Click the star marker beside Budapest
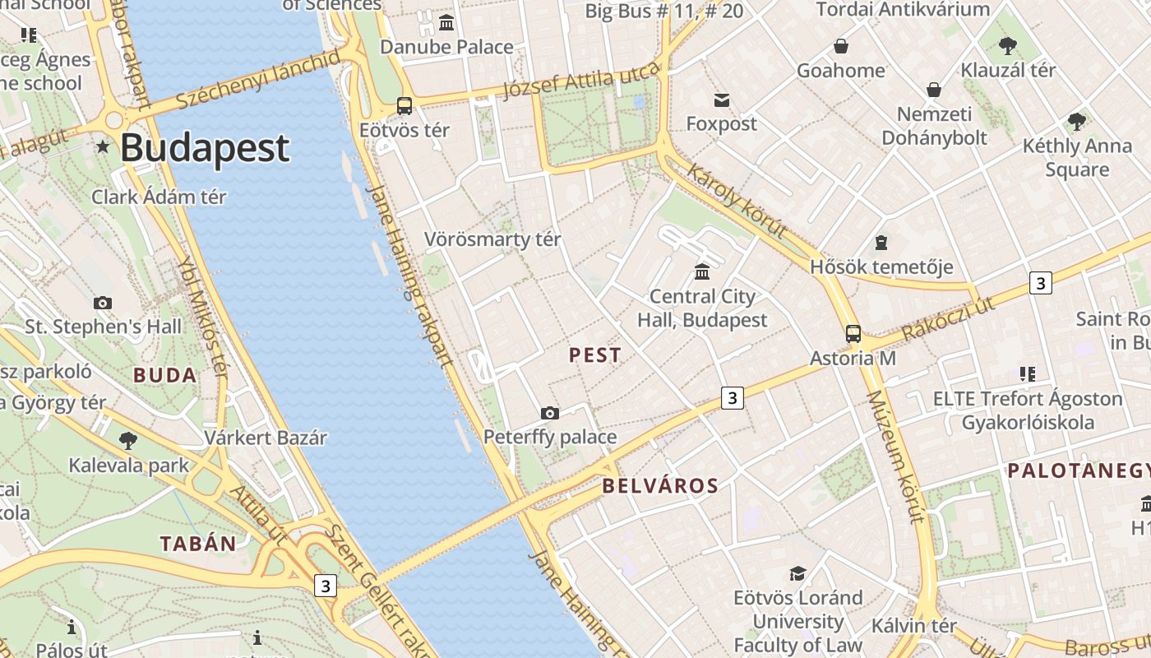(103, 146)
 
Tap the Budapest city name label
(205, 149)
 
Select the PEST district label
(595, 355)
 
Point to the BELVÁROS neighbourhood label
(660, 486)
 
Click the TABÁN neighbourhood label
(198, 544)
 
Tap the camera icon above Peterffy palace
(550, 413)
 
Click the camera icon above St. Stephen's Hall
(103, 303)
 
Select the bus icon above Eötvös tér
(404, 105)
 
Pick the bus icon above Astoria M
(853, 334)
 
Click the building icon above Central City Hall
(702, 271)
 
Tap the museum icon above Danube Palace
(446, 22)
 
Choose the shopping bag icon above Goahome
(841, 45)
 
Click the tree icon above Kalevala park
(128, 441)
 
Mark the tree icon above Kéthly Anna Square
(1077, 122)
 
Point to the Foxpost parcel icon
(721, 100)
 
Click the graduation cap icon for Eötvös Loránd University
(797, 572)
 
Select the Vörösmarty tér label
(492, 239)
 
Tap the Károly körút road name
(737, 201)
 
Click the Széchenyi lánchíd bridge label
(258, 79)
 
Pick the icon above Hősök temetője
(881, 243)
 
